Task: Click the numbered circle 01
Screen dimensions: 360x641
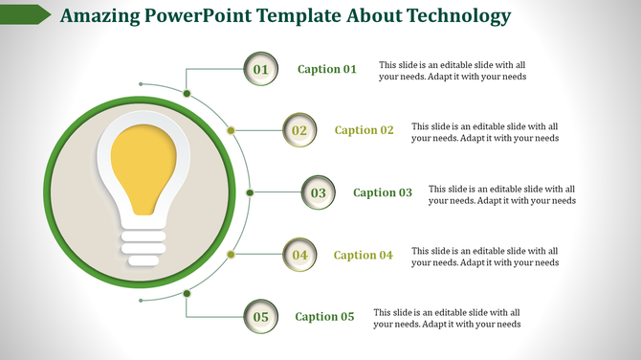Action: pos(261,69)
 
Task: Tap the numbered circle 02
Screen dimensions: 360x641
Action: pos(299,130)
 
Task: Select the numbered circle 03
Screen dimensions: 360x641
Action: pos(318,192)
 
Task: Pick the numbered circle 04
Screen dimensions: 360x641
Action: pos(299,255)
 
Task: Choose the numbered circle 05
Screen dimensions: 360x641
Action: pos(260,316)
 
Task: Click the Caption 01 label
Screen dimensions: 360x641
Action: pos(327,69)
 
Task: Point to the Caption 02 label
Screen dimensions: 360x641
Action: pos(364,130)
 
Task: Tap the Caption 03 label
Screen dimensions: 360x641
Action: pos(383,192)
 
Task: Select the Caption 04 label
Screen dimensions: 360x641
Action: pos(364,255)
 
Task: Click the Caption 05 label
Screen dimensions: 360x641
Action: pos(324,317)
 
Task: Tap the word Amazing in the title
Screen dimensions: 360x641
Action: pos(99,16)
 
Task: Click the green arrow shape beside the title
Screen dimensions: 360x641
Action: pos(26,14)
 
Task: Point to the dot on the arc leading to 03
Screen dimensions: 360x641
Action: pos(250,192)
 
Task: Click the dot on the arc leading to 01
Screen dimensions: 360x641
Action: pos(188,93)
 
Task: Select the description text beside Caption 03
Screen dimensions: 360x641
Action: pos(501,195)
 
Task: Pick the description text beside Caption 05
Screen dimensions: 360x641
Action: pos(447,319)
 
